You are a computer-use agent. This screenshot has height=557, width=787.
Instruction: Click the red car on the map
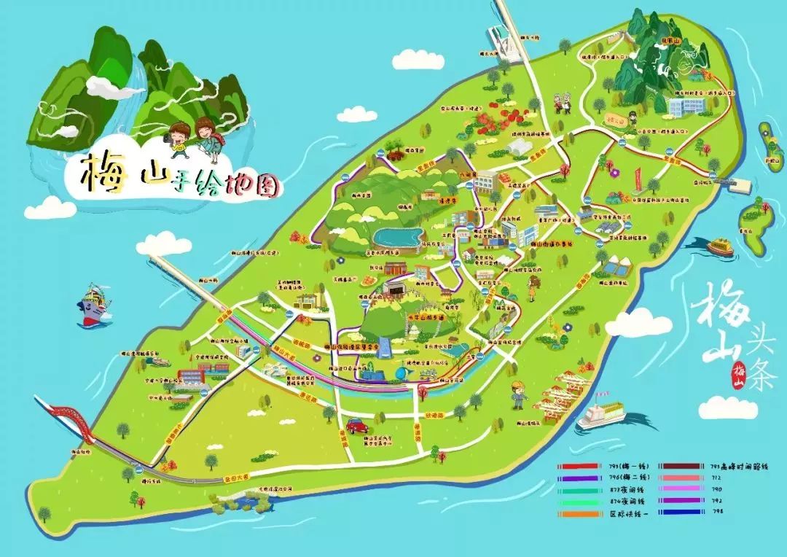click(x=356, y=425)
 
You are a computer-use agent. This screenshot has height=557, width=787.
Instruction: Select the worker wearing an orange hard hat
click(x=519, y=394)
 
